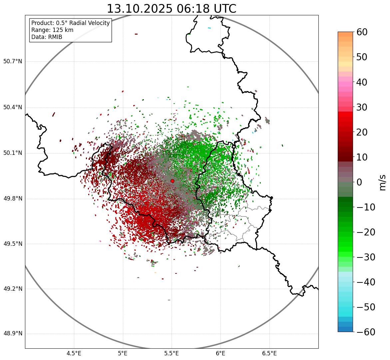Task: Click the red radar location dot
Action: point(172,181)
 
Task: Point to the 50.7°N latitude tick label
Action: point(12,62)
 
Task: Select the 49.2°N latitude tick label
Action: point(12,289)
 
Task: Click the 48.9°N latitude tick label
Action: point(12,334)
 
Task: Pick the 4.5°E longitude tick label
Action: point(74,353)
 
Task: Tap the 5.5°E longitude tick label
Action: point(172,353)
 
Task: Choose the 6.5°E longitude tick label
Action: point(269,353)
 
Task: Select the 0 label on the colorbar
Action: point(359,182)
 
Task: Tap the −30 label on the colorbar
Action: point(366,257)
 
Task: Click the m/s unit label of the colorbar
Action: point(383,182)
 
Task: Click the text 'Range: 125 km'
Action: point(52,30)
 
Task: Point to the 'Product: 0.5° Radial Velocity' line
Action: point(70,23)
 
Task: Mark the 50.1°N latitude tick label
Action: point(12,153)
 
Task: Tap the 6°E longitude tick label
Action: point(220,353)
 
